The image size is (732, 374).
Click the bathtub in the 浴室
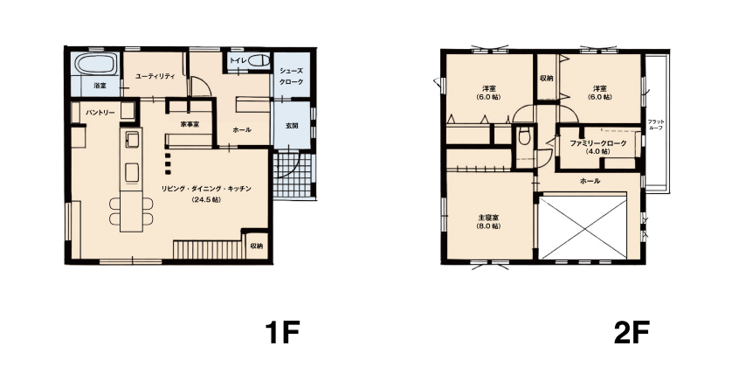pyautogui.click(x=96, y=64)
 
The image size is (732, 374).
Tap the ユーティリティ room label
pyautogui.click(x=155, y=76)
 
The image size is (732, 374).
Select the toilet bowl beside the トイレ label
pyautogui.click(x=259, y=60)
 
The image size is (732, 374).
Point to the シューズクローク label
pyautogui.click(x=292, y=76)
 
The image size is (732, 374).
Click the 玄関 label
pyautogui.click(x=292, y=126)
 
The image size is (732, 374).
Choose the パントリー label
pyautogui.click(x=100, y=113)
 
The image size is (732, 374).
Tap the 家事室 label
pyautogui.click(x=190, y=124)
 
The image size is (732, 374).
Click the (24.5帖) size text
pyautogui.click(x=206, y=199)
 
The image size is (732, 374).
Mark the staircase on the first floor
pyautogui.click(x=210, y=249)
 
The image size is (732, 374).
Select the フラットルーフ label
pyautogui.click(x=656, y=124)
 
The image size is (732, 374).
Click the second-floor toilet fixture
pyautogui.click(x=524, y=135)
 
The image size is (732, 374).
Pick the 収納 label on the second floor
pyautogui.click(x=546, y=79)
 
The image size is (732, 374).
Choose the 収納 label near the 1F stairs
pyautogui.click(x=256, y=246)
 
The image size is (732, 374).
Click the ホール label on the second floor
pyautogui.click(x=590, y=181)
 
